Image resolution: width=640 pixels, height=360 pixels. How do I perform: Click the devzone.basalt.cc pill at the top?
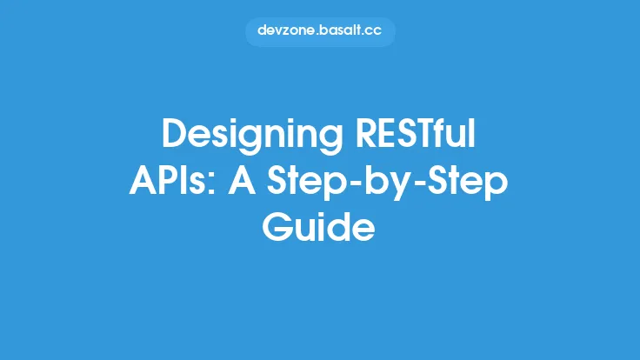pyautogui.click(x=320, y=30)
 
